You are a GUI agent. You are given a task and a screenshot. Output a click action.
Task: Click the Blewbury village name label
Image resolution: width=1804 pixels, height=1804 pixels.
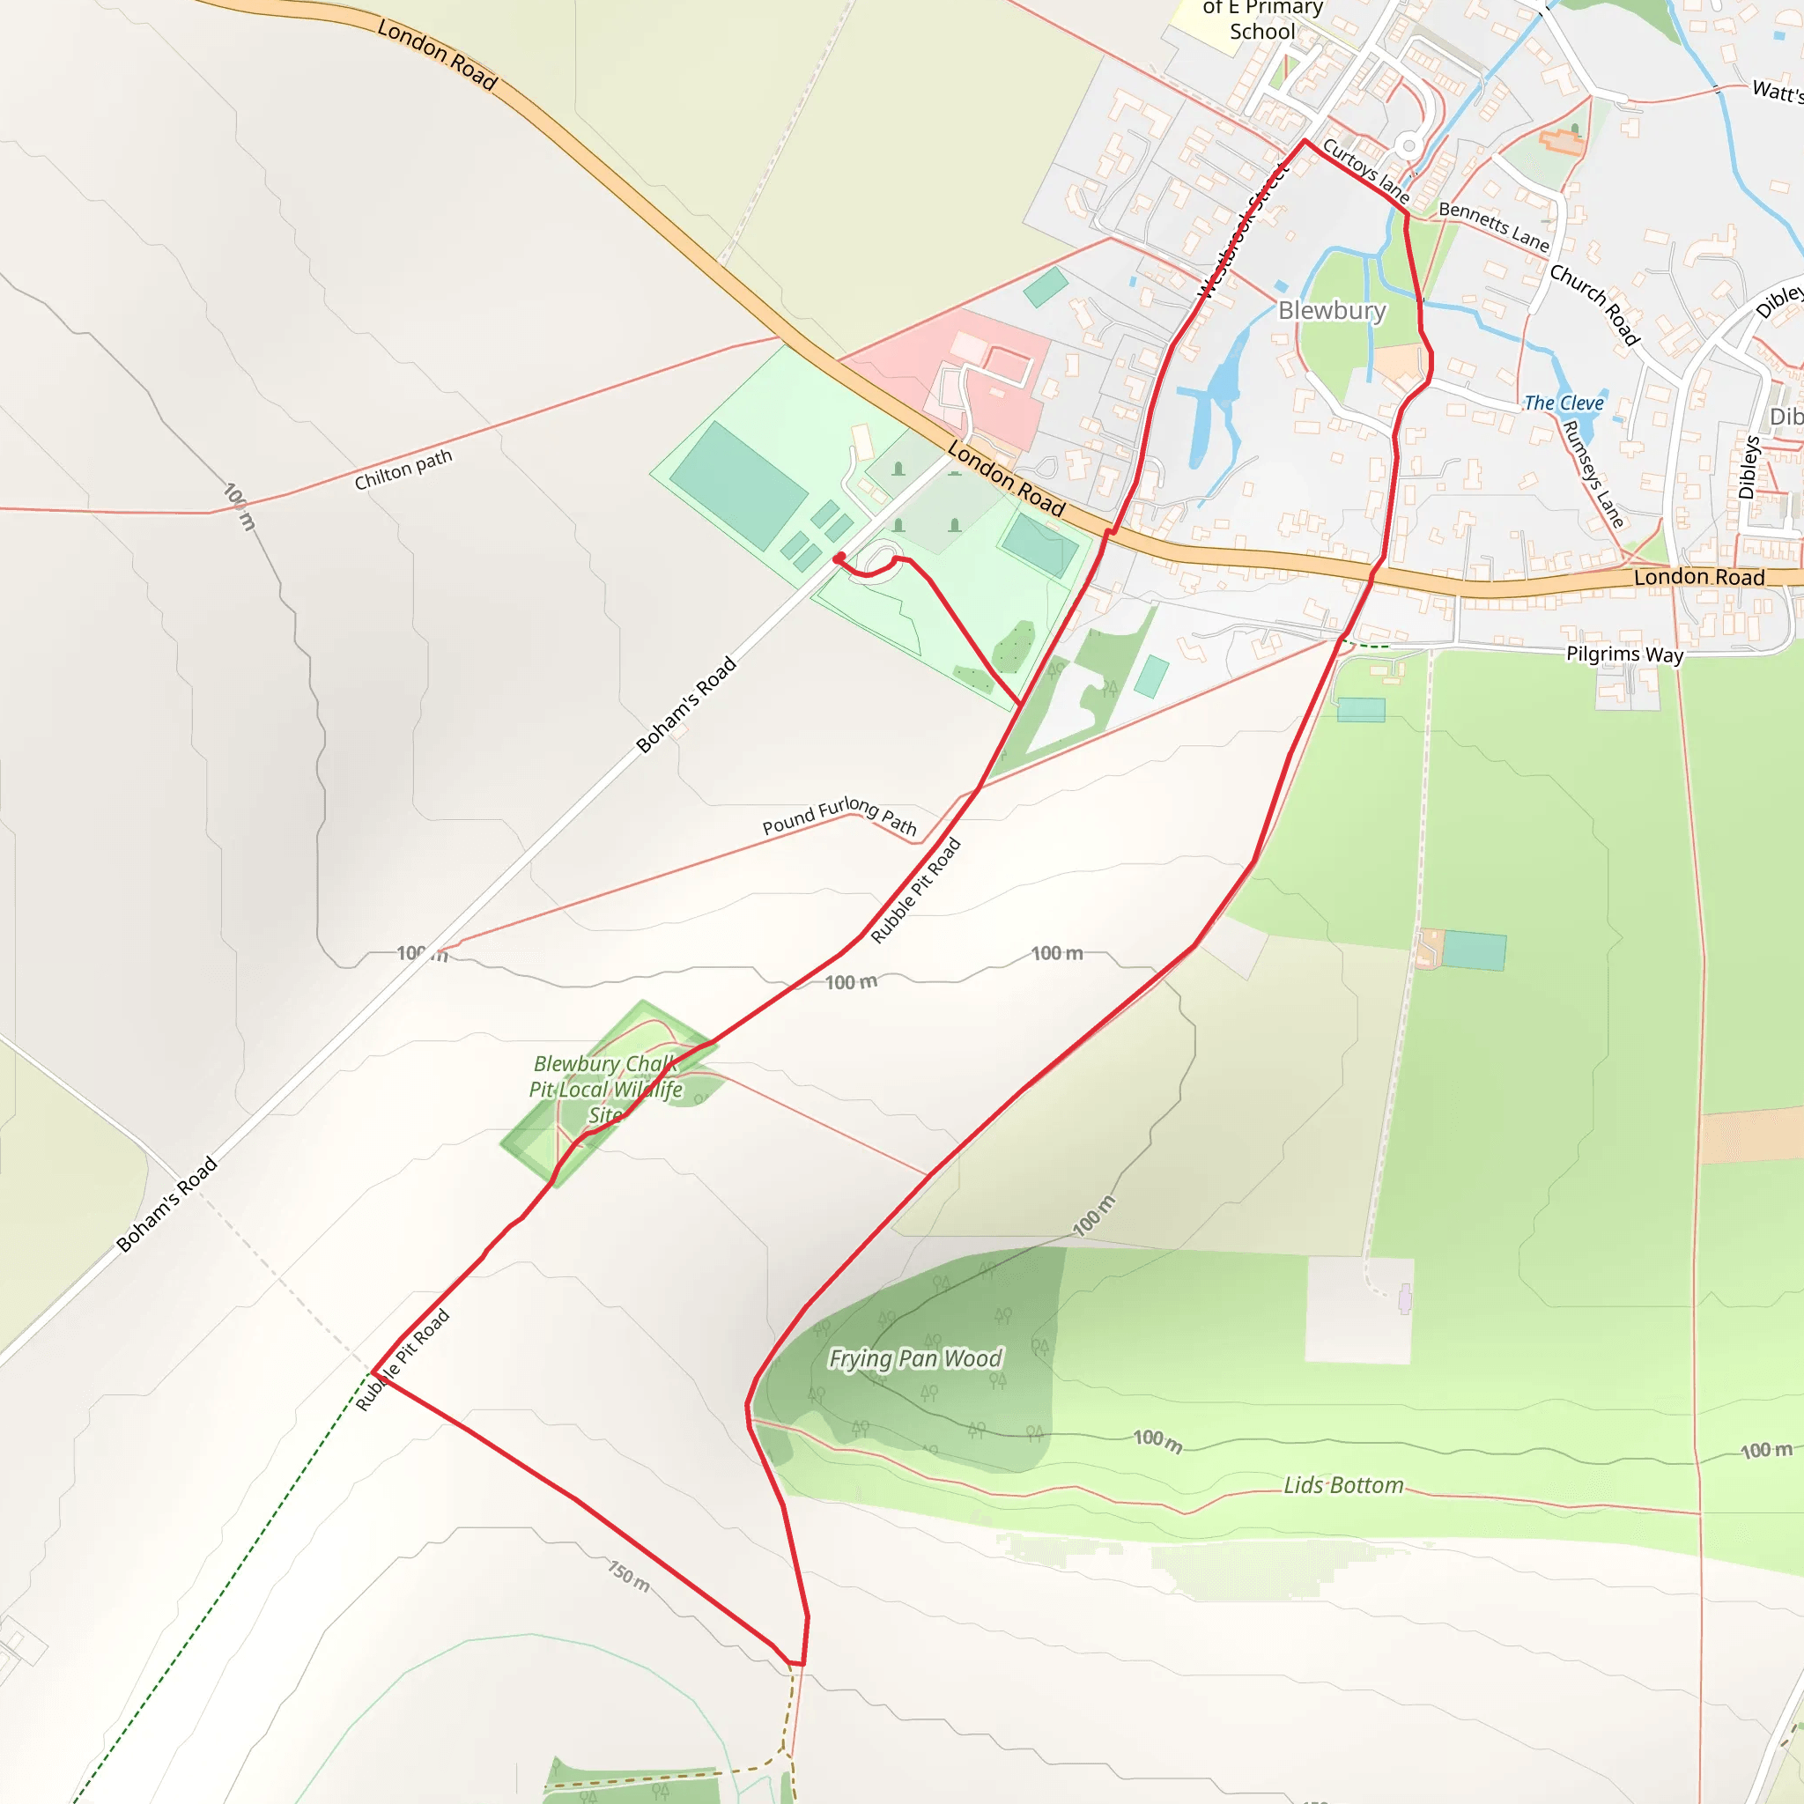pos(1332,311)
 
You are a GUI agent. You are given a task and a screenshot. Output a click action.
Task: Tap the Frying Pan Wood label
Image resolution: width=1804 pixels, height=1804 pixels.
pos(915,1358)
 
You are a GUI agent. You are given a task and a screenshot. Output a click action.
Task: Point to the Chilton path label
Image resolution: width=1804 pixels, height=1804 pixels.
pos(403,469)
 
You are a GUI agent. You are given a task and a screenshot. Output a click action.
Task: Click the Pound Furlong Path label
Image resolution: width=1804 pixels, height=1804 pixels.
pos(839,816)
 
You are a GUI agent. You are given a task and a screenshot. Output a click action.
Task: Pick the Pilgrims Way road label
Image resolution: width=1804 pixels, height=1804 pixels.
pos(1624,654)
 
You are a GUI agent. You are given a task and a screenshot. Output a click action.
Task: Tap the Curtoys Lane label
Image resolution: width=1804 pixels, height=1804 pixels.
pos(1365,171)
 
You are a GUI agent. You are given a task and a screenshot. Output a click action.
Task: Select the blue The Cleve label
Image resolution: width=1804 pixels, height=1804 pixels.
pos(1564,403)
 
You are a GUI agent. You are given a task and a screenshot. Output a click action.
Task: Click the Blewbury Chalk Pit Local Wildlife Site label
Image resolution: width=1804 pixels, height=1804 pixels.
pos(606,1090)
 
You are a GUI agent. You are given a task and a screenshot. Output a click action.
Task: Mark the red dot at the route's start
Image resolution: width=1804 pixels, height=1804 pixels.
pos(839,558)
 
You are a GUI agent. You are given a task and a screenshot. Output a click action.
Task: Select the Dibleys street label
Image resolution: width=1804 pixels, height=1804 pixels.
pos(1749,468)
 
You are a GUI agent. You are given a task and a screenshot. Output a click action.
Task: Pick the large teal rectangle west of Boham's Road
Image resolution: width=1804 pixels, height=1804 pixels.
pos(738,485)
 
